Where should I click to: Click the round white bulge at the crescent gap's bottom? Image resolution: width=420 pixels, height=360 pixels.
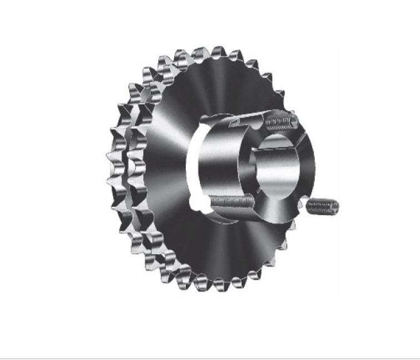pos(195,202)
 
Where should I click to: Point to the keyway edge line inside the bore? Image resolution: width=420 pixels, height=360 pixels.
pos(256,166)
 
